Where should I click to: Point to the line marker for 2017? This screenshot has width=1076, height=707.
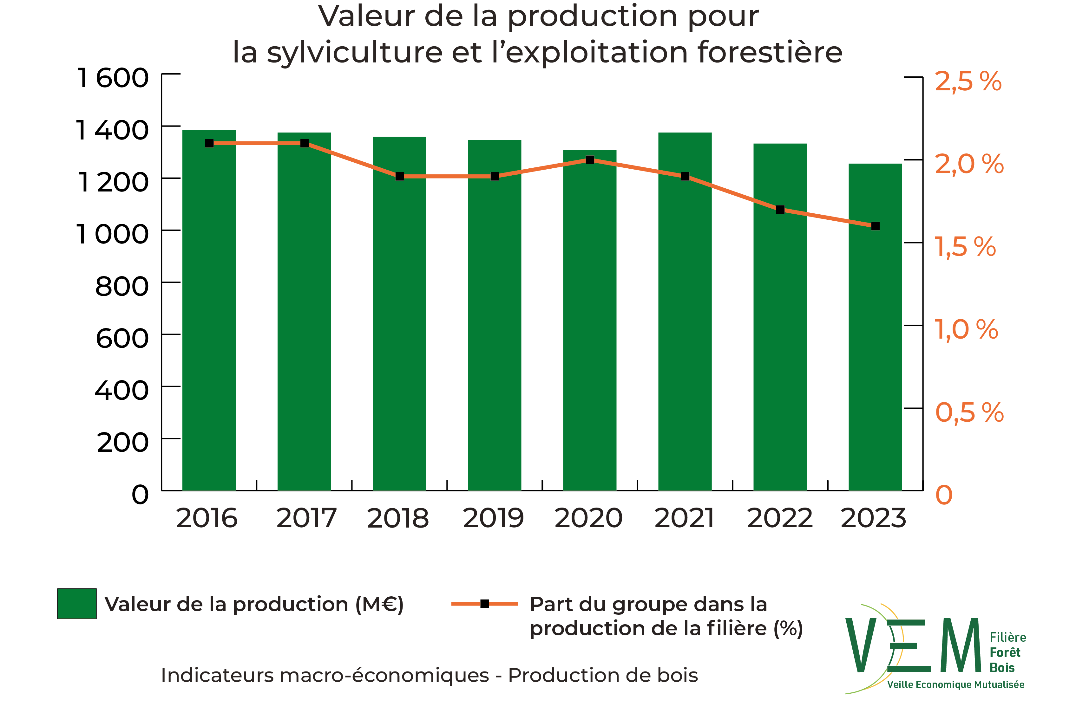click(x=304, y=143)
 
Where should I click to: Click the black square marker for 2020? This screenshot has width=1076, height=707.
click(x=589, y=160)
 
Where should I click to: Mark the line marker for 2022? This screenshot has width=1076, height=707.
click(x=780, y=210)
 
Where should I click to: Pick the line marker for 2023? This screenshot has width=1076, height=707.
click(x=875, y=226)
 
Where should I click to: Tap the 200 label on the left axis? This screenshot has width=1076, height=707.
click(x=122, y=442)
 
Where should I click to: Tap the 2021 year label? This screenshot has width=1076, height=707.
click(x=684, y=518)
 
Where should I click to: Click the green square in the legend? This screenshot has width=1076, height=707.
click(x=77, y=604)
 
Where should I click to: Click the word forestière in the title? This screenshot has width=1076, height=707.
click(x=770, y=52)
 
